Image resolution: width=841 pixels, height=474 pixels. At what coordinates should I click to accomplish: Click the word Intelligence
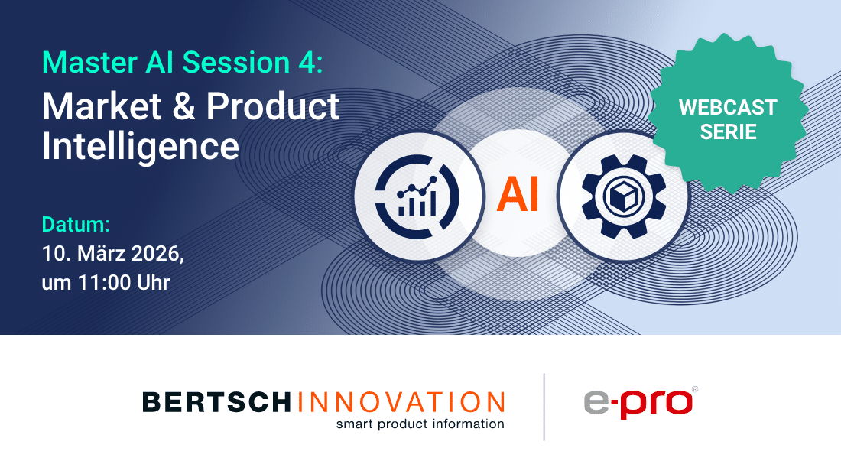(141, 145)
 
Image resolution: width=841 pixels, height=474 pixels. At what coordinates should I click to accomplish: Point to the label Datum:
(76, 226)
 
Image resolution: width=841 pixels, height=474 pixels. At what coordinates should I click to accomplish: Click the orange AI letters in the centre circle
(518, 193)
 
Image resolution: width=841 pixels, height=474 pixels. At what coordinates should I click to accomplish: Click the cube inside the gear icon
(624, 195)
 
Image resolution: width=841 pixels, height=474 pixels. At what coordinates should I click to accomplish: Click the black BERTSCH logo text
(216, 402)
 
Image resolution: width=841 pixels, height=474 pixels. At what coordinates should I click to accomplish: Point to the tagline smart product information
(420, 424)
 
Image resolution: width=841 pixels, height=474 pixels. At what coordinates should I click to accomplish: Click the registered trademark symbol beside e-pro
(694, 389)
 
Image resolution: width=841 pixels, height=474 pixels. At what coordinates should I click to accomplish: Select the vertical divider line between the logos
(544, 407)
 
